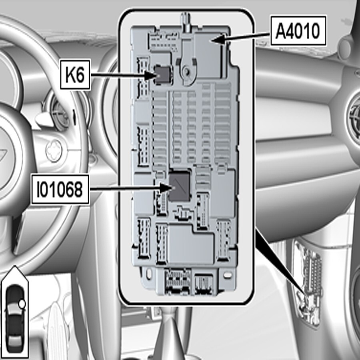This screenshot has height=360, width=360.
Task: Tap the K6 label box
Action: (x=74, y=74)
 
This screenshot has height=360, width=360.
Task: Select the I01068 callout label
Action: (x=60, y=190)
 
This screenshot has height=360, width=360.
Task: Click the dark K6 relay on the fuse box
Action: (x=163, y=74)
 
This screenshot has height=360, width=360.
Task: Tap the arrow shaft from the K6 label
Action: (x=120, y=74)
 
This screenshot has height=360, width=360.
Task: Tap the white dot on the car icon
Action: (x=22, y=304)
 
